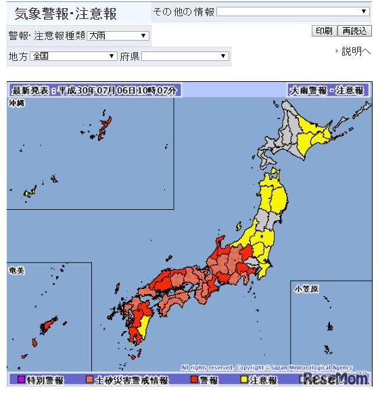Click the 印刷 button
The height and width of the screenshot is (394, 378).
pyautogui.click(x=323, y=31)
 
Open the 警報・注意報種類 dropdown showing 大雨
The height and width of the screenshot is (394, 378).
pyautogui.click(x=118, y=36)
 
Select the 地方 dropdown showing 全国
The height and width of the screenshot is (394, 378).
pyautogui.click(x=74, y=56)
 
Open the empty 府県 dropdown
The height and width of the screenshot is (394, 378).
pyautogui.click(x=185, y=56)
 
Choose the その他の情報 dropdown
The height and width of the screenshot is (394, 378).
pyautogui.click(x=292, y=12)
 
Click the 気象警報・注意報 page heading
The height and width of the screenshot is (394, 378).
pyautogui.click(x=66, y=14)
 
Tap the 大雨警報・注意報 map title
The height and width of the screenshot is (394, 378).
pyautogui.click(x=327, y=90)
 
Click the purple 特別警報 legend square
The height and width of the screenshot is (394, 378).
pyautogui.click(x=21, y=380)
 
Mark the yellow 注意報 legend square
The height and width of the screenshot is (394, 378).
pyautogui.click(x=244, y=380)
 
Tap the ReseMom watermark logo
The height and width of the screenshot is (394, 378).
pyautogui.click(x=334, y=378)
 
